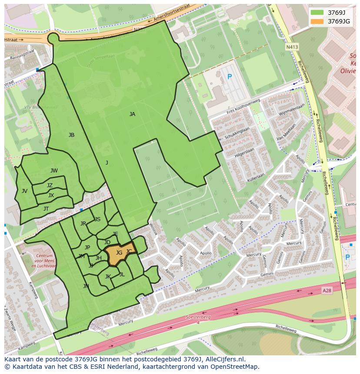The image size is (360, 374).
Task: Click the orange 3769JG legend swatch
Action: (317, 21)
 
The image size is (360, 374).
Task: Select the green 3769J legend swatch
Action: (317, 12)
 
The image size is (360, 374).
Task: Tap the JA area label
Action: (132, 114)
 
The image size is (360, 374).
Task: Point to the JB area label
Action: (71, 135)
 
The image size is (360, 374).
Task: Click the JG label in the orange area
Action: (119, 252)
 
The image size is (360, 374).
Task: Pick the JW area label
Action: (54, 171)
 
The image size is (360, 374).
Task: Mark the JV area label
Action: (24, 191)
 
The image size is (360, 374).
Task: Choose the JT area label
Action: (46, 209)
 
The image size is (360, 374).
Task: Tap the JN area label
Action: (86, 286)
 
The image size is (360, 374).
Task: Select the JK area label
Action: (108, 276)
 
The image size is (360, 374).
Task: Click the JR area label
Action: (83, 224)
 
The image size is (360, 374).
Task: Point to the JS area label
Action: (97, 219)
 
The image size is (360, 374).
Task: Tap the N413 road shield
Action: (292, 46)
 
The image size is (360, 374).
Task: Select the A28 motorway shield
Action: (327, 290)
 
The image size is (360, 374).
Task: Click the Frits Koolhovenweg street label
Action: (243, 107)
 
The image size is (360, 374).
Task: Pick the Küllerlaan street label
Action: (255, 176)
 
